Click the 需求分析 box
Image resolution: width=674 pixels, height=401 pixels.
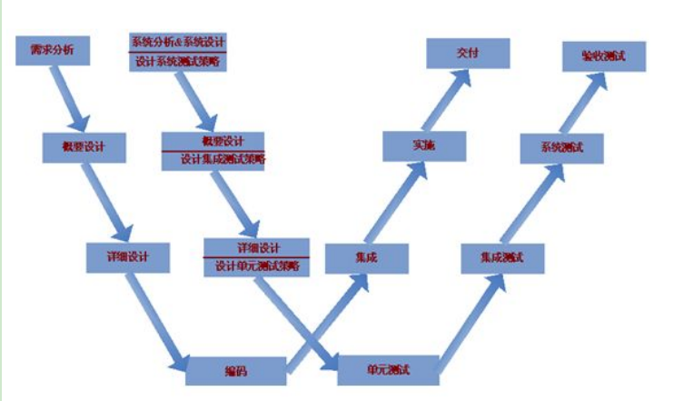pyautogui.click(x=53, y=51)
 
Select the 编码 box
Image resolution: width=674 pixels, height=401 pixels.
pyautogui.click(x=236, y=371)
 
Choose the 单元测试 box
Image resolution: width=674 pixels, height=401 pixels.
pyautogui.click(x=388, y=370)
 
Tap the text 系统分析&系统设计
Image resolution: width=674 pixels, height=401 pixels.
pyautogui.click(x=178, y=42)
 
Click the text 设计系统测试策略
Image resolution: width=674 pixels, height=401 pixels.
pyautogui.click(x=178, y=62)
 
